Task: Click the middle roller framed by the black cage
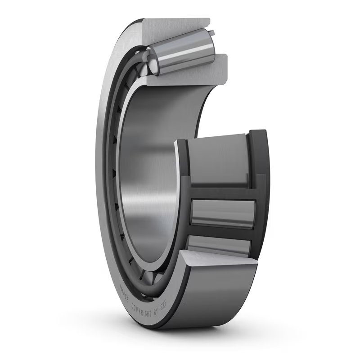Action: (x=223, y=212)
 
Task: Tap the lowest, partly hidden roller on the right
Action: (x=220, y=245)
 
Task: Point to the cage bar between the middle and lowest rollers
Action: (x=220, y=232)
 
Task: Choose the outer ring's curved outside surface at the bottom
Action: (x=211, y=297)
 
